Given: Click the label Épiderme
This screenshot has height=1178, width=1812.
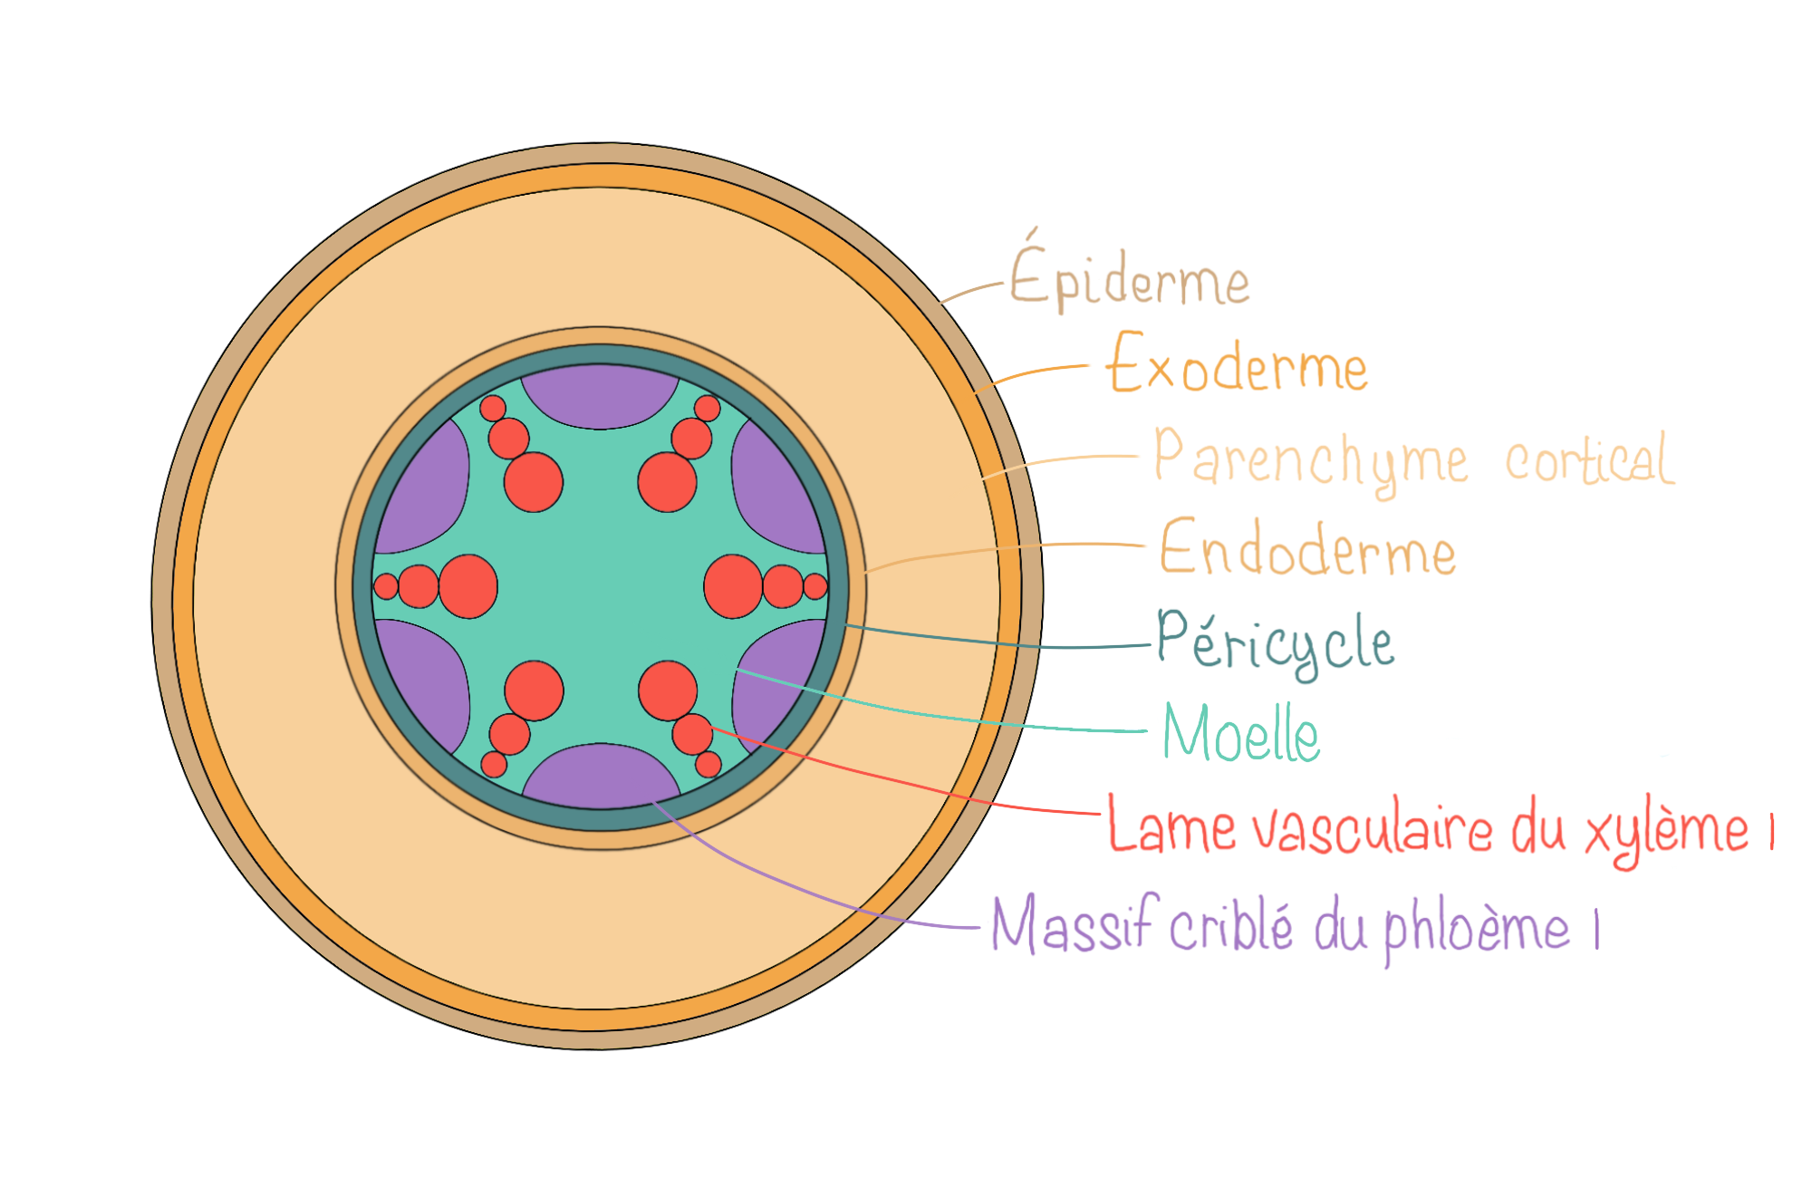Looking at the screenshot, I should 1129,279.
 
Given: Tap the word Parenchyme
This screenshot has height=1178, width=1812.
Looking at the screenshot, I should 1310,460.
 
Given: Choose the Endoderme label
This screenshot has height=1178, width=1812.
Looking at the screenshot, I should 1307,549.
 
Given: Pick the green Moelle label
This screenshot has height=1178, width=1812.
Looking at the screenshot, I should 1241,734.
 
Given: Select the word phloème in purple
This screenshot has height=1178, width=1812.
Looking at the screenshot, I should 1477,928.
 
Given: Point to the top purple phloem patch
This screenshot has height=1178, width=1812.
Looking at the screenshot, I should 600,395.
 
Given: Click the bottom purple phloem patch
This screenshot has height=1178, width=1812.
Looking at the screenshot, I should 601,776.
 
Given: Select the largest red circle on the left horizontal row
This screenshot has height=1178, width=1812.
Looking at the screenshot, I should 468,586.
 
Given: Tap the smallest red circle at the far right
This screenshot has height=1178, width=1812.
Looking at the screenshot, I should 815,586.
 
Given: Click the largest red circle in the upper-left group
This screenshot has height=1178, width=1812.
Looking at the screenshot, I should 534,482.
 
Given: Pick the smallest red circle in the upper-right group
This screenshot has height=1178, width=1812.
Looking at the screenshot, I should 707,409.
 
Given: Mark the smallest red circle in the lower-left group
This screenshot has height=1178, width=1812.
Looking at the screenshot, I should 494,764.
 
